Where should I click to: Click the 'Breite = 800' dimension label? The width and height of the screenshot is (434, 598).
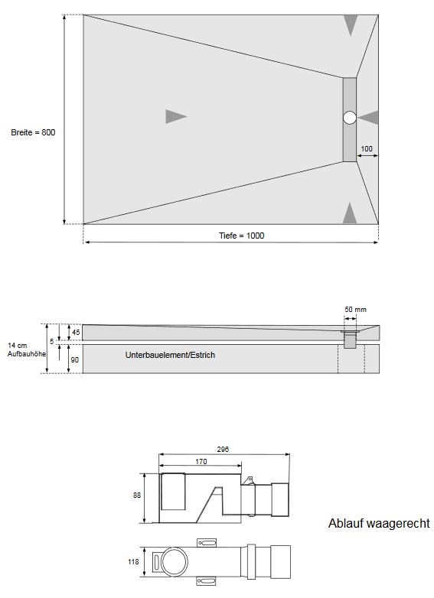point(33,132)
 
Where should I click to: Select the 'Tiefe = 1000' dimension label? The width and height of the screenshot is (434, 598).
point(236,236)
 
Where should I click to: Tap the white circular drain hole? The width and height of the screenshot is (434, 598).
point(350,118)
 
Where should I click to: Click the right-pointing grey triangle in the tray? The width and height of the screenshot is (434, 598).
point(175,116)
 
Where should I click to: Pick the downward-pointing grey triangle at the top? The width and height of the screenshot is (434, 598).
point(350,25)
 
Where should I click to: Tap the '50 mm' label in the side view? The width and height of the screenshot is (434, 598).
point(355,309)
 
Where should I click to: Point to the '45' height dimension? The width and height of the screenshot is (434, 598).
point(76,332)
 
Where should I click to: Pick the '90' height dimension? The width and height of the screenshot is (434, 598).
point(76,359)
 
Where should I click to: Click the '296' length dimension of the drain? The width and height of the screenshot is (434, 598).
point(223,450)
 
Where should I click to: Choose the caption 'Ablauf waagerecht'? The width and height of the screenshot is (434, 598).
point(378,524)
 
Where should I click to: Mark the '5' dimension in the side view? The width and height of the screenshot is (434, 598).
point(51,341)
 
